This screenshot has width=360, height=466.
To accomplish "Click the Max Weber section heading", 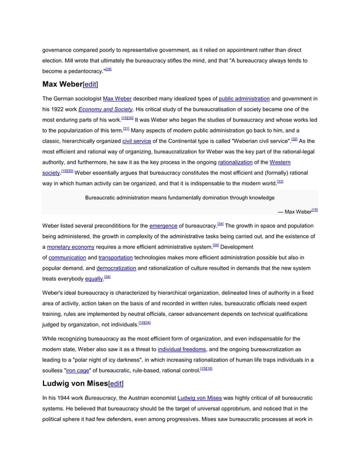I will coord(62,85).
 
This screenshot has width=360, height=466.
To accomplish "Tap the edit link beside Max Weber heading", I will coord(91,85).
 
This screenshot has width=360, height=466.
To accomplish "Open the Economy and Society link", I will coord(106,109).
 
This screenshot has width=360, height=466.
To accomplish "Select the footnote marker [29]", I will coord(108,69).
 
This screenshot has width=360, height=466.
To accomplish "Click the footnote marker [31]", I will coord(126,129).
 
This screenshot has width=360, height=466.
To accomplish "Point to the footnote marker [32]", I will coord(294,139).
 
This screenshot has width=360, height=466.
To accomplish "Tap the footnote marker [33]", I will coord(280,182).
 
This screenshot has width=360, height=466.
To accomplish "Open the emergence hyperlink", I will coord(163,225).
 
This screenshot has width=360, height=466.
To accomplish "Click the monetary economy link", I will coord(71,247).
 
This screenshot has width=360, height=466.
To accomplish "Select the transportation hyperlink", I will coord(115,257).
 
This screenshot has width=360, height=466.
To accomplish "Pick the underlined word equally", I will coord(94,279).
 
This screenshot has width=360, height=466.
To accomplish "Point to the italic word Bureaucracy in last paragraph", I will coord(100,398).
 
